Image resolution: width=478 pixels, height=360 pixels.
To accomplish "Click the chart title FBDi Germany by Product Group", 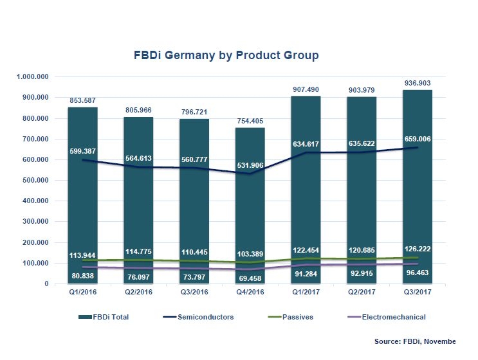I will point(239,56).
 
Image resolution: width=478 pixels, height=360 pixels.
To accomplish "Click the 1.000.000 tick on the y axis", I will point(33,77).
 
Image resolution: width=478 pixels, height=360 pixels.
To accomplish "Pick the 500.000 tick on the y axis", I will point(36,181).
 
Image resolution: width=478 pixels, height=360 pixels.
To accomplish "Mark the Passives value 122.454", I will point(304,249).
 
